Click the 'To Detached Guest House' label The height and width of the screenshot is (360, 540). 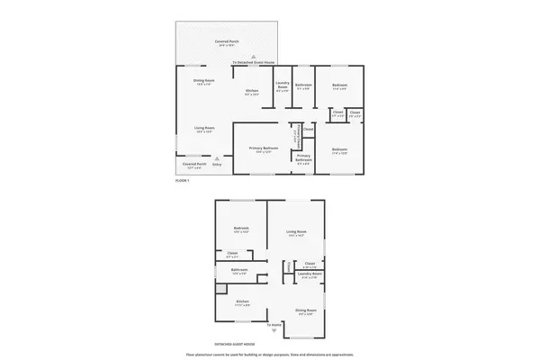[253, 63]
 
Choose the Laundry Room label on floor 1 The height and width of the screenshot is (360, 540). [281, 86]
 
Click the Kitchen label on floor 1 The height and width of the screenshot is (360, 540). [253, 91]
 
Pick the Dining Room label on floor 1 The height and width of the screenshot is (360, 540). [203, 81]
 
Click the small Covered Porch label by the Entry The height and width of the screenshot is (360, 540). [194, 164]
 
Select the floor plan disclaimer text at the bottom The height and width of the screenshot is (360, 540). [270, 354]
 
